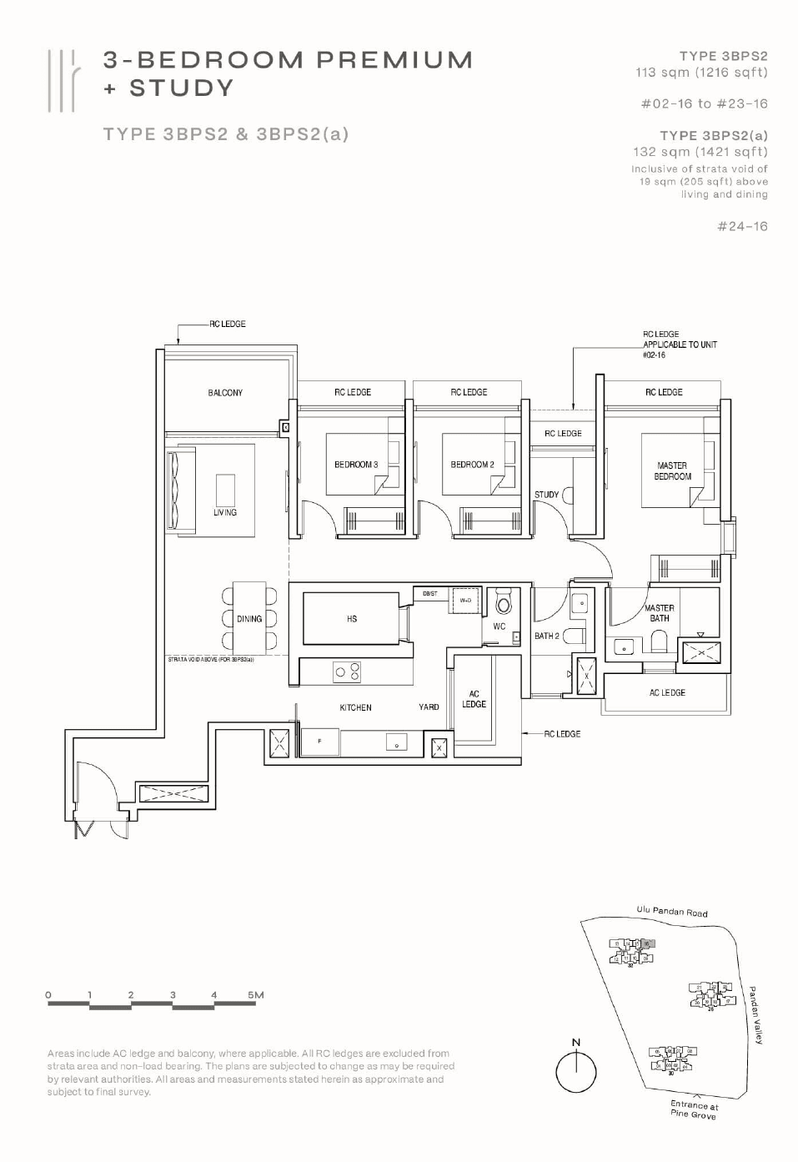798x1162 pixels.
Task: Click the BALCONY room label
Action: (225, 392)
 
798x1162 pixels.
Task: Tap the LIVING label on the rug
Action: (225, 512)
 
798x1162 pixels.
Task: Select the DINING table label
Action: (248, 619)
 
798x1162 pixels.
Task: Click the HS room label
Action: (352, 619)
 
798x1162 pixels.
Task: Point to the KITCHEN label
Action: (355, 707)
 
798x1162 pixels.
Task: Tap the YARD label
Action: (429, 707)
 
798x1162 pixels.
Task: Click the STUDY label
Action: (546, 495)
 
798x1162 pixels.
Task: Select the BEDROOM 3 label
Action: (356, 465)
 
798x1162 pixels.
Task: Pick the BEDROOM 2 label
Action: (472, 465)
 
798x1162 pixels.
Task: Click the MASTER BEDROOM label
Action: (672, 471)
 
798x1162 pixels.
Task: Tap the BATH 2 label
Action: (547, 636)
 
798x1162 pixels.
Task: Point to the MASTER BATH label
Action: (659, 613)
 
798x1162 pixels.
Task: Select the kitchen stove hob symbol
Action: (347, 672)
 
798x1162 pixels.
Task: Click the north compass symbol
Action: (576, 1070)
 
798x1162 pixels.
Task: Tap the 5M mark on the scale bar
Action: (255, 995)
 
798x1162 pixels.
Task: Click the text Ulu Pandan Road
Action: (671, 911)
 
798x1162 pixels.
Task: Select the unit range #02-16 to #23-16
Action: (704, 104)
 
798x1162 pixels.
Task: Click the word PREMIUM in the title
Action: (394, 60)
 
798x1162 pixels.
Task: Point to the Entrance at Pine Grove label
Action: (693, 1109)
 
